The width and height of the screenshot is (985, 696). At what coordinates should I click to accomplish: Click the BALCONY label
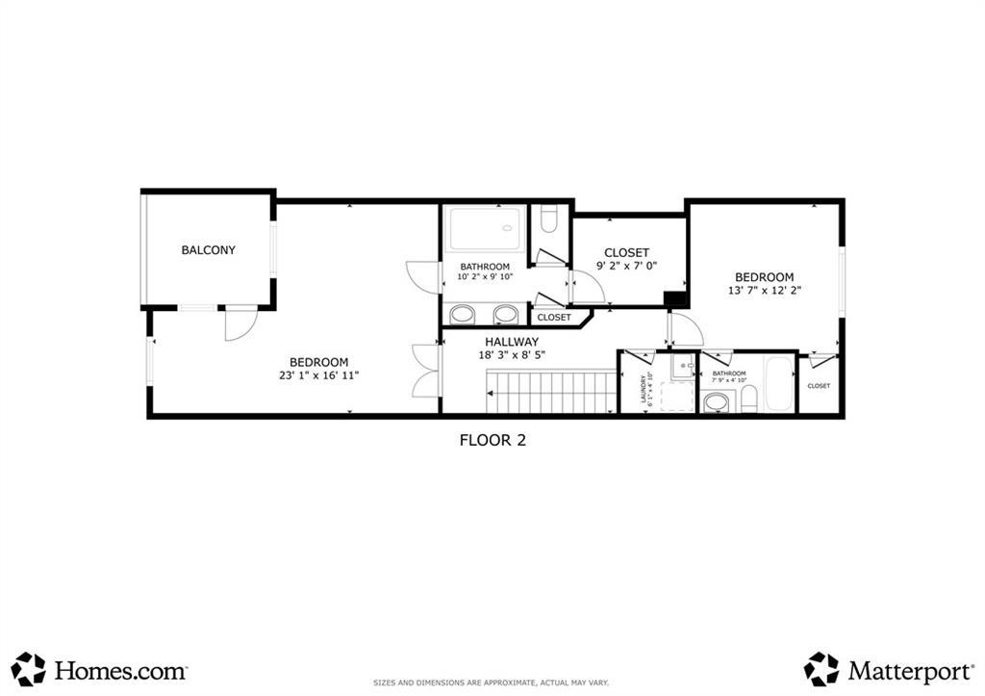click(208, 250)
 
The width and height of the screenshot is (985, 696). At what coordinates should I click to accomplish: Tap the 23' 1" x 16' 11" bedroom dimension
click(319, 375)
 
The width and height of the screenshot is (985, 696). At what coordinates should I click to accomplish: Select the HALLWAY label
click(511, 342)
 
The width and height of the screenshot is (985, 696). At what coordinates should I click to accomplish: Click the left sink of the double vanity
click(463, 314)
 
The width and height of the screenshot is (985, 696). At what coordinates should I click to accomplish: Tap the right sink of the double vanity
click(506, 314)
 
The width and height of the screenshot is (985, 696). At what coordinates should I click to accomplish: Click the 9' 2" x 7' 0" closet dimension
click(626, 266)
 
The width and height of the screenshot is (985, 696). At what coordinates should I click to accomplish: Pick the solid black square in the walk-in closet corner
click(677, 299)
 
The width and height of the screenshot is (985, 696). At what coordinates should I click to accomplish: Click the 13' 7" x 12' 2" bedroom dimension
click(765, 290)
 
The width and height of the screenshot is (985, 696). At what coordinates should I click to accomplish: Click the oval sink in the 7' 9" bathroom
click(716, 402)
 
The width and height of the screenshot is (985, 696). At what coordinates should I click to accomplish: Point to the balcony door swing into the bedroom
click(240, 323)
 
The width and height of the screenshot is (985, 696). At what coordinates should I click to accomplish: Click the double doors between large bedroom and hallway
click(425, 370)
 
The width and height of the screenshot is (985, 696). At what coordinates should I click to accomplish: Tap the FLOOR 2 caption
click(492, 440)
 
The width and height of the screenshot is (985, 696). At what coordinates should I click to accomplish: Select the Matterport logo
click(885, 669)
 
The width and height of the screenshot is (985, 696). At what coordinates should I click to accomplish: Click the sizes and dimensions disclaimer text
click(492, 683)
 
